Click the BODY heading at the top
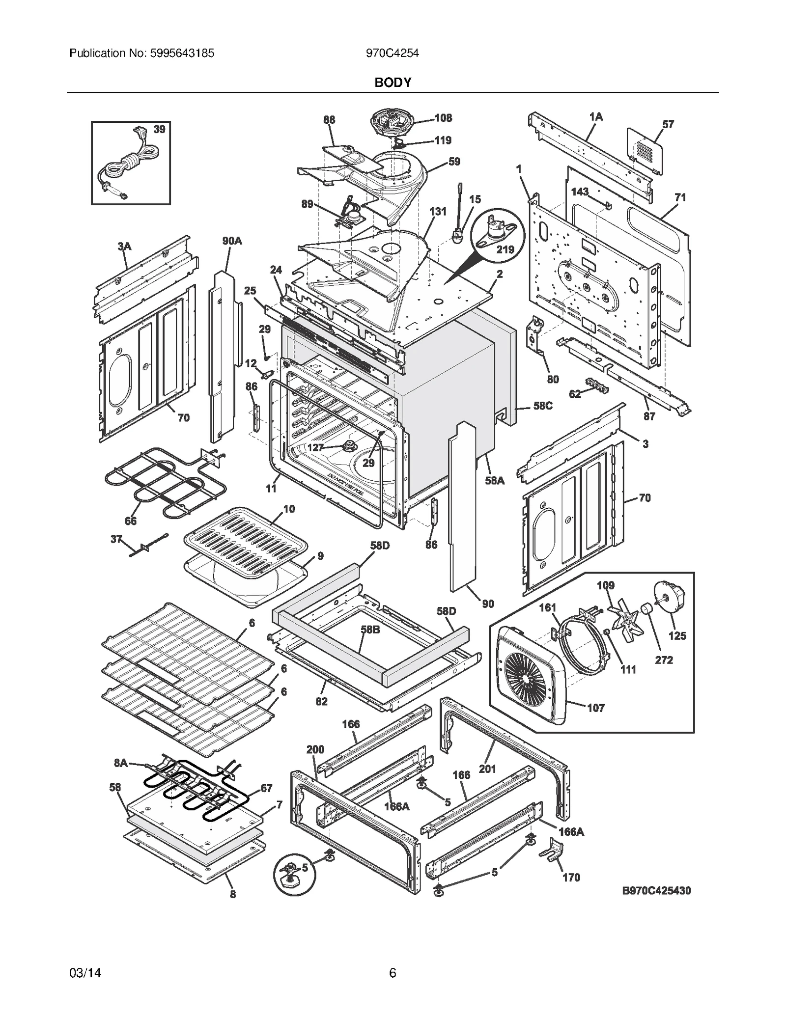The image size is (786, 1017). click(393, 82)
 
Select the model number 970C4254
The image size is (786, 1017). click(392, 53)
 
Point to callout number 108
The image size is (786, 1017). click(443, 118)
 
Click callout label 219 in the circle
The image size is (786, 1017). click(505, 249)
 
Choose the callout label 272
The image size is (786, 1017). click(664, 660)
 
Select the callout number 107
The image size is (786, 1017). click(596, 708)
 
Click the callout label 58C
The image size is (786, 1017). click(543, 406)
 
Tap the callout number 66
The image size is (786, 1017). click(130, 521)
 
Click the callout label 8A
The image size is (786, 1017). click(121, 763)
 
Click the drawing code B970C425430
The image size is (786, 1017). click(656, 890)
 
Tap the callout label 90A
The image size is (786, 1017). click(232, 241)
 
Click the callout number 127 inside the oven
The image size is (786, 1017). click(315, 448)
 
